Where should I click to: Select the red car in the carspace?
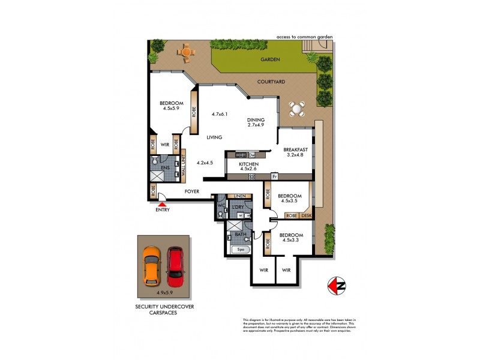pos(175,266)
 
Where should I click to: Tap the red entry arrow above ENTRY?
pos(162,205)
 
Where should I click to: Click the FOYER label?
pos(191,191)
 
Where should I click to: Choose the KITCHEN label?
pos(248,164)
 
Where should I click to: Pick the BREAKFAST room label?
pos(295,149)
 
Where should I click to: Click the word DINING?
pos(256,119)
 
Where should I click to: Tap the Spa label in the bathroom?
pos(242,249)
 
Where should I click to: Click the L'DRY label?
pos(239,207)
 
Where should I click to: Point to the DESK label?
pos(307,215)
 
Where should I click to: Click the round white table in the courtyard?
pos(296,109)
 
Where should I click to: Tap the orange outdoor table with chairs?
pos(187,52)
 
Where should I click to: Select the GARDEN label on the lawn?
pos(270,60)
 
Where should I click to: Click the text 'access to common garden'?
pos(304,37)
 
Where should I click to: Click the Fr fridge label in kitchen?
pos(274,176)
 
